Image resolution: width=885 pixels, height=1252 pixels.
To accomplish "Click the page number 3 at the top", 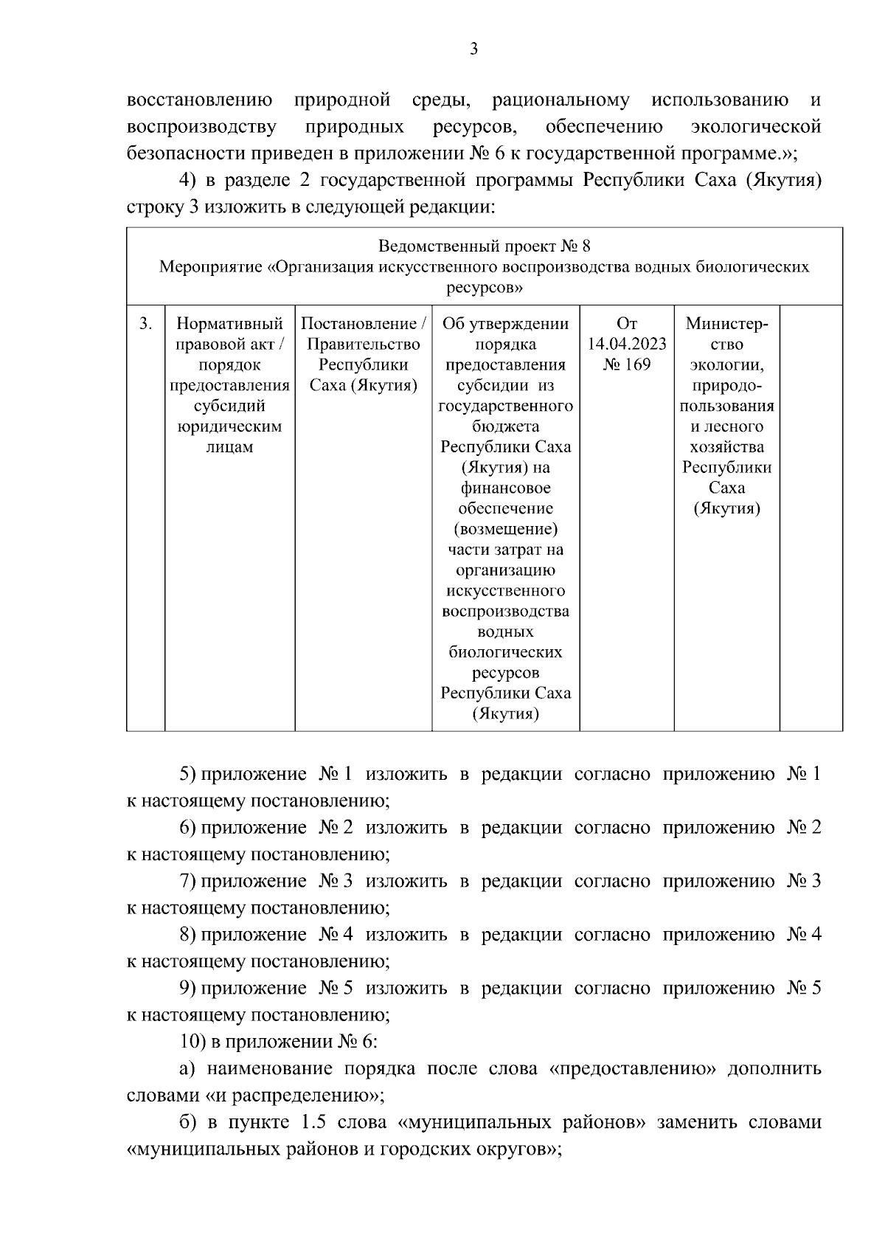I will pyautogui.click(x=473, y=49).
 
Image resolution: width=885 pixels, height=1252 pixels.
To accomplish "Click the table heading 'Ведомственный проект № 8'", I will pyautogui.click(x=485, y=246).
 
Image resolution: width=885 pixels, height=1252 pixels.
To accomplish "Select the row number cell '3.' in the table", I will pyautogui.click(x=146, y=324).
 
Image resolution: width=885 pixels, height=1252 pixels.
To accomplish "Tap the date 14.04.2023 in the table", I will pyautogui.click(x=627, y=345).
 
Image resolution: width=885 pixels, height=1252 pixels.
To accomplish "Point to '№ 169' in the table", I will pyautogui.click(x=627, y=364).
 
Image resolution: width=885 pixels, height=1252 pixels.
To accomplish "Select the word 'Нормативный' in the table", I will pyautogui.click(x=230, y=324).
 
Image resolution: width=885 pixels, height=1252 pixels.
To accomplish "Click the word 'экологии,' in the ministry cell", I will pyautogui.click(x=726, y=365).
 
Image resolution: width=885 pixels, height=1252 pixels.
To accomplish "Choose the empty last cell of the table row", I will pyautogui.click(x=811, y=516).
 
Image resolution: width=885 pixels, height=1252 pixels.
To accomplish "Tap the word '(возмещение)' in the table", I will pyautogui.click(x=505, y=529).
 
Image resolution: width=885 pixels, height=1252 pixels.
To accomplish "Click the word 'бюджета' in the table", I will pyautogui.click(x=505, y=426).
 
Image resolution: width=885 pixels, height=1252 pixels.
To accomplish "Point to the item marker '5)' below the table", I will pyautogui.click(x=187, y=774).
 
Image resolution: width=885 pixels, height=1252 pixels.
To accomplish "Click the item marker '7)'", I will pyautogui.click(x=187, y=881).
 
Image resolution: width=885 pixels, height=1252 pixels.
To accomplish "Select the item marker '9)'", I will pyautogui.click(x=187, y=988).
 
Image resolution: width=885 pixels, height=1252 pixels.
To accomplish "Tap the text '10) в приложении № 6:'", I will pyautogui.click(x=279, y=1042).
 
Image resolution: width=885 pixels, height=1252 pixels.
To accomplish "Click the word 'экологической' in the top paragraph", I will pyautogui.click(x=757, y=127).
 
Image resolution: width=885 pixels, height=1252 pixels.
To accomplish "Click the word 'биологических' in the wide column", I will pyautogui.click(x=505, y=652).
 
